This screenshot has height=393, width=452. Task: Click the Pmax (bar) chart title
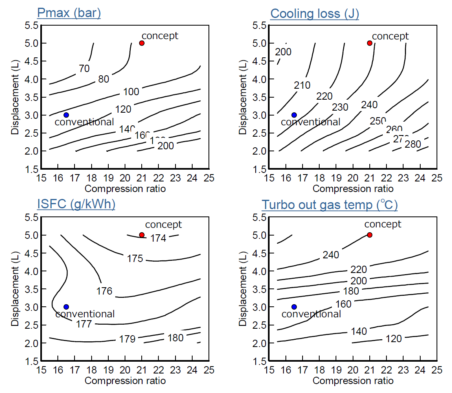69,13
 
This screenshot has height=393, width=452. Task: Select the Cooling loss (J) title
314,13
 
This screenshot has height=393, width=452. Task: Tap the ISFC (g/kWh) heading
76,204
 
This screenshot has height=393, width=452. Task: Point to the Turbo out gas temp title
329,205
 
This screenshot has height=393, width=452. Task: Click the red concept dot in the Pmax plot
142,43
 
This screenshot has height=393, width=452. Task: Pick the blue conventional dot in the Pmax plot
66,115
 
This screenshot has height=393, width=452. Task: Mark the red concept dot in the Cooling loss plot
370,43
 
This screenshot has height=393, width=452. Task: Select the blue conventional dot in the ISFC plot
66,306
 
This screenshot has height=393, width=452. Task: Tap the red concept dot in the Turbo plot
370,235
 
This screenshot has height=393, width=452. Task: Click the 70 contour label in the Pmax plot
84,69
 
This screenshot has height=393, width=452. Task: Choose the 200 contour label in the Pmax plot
165,146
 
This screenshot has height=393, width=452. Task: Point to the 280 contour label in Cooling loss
413,144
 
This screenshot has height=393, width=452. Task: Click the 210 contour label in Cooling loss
302,85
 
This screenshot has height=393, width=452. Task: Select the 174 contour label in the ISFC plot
158,238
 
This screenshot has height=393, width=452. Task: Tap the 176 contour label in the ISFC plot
104,291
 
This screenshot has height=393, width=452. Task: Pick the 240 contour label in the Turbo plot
331,255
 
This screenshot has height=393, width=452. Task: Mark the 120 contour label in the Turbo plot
393,338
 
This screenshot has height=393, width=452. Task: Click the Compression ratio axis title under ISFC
125,381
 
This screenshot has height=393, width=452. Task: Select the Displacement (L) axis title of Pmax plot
15,97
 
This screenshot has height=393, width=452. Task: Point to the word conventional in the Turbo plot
311,314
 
